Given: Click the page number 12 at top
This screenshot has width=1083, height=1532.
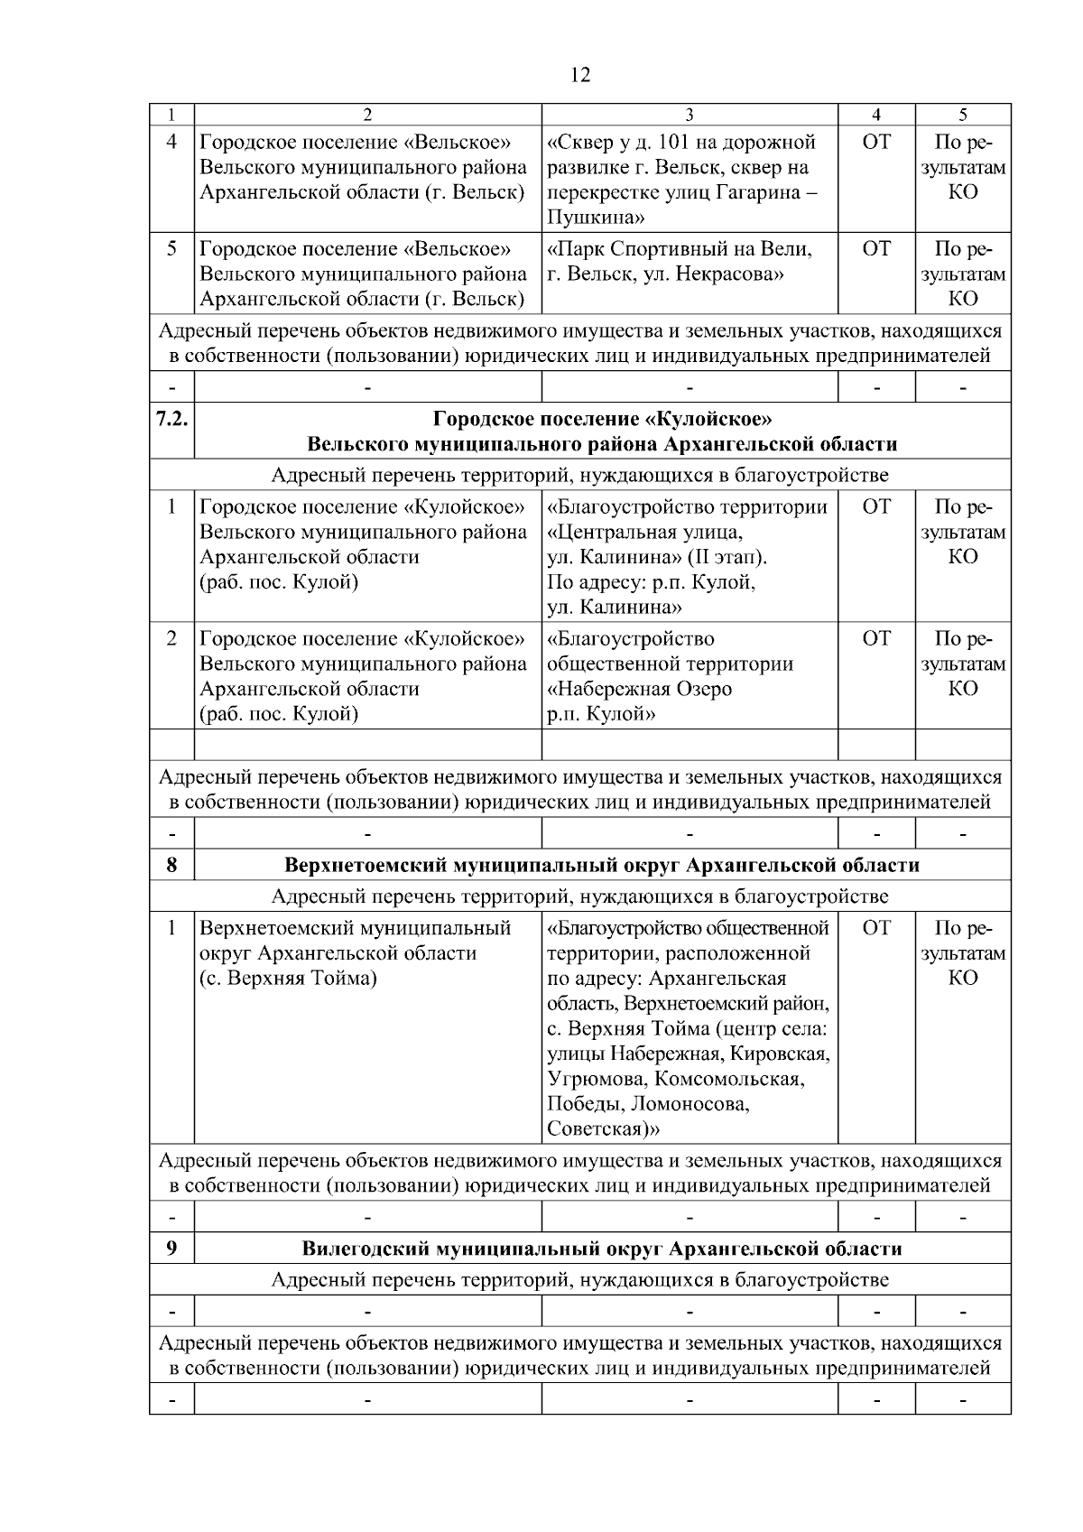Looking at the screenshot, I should [x=580, y=75].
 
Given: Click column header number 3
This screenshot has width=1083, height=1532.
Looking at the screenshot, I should [x=690, y=114].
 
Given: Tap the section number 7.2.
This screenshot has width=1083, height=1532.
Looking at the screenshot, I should [x=171, y=419].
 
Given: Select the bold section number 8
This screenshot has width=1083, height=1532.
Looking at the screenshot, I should [x=171, y=865].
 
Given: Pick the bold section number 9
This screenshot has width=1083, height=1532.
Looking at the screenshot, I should [x=171, y=1249].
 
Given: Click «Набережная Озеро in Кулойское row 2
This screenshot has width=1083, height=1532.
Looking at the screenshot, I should [x=640, y=689].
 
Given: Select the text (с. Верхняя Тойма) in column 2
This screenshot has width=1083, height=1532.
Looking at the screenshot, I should [x=288, y=979].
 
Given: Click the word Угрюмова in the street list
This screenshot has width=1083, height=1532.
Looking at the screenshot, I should [x=596, y=1079].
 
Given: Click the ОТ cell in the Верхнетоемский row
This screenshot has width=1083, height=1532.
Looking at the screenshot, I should [x=876, y=928].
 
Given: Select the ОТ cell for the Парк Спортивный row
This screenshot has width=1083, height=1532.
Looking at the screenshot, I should [x=876, y=249].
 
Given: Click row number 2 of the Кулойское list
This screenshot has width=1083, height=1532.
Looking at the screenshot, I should [x=171, y=639].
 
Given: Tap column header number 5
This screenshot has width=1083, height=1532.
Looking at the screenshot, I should [x=963, y=114].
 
